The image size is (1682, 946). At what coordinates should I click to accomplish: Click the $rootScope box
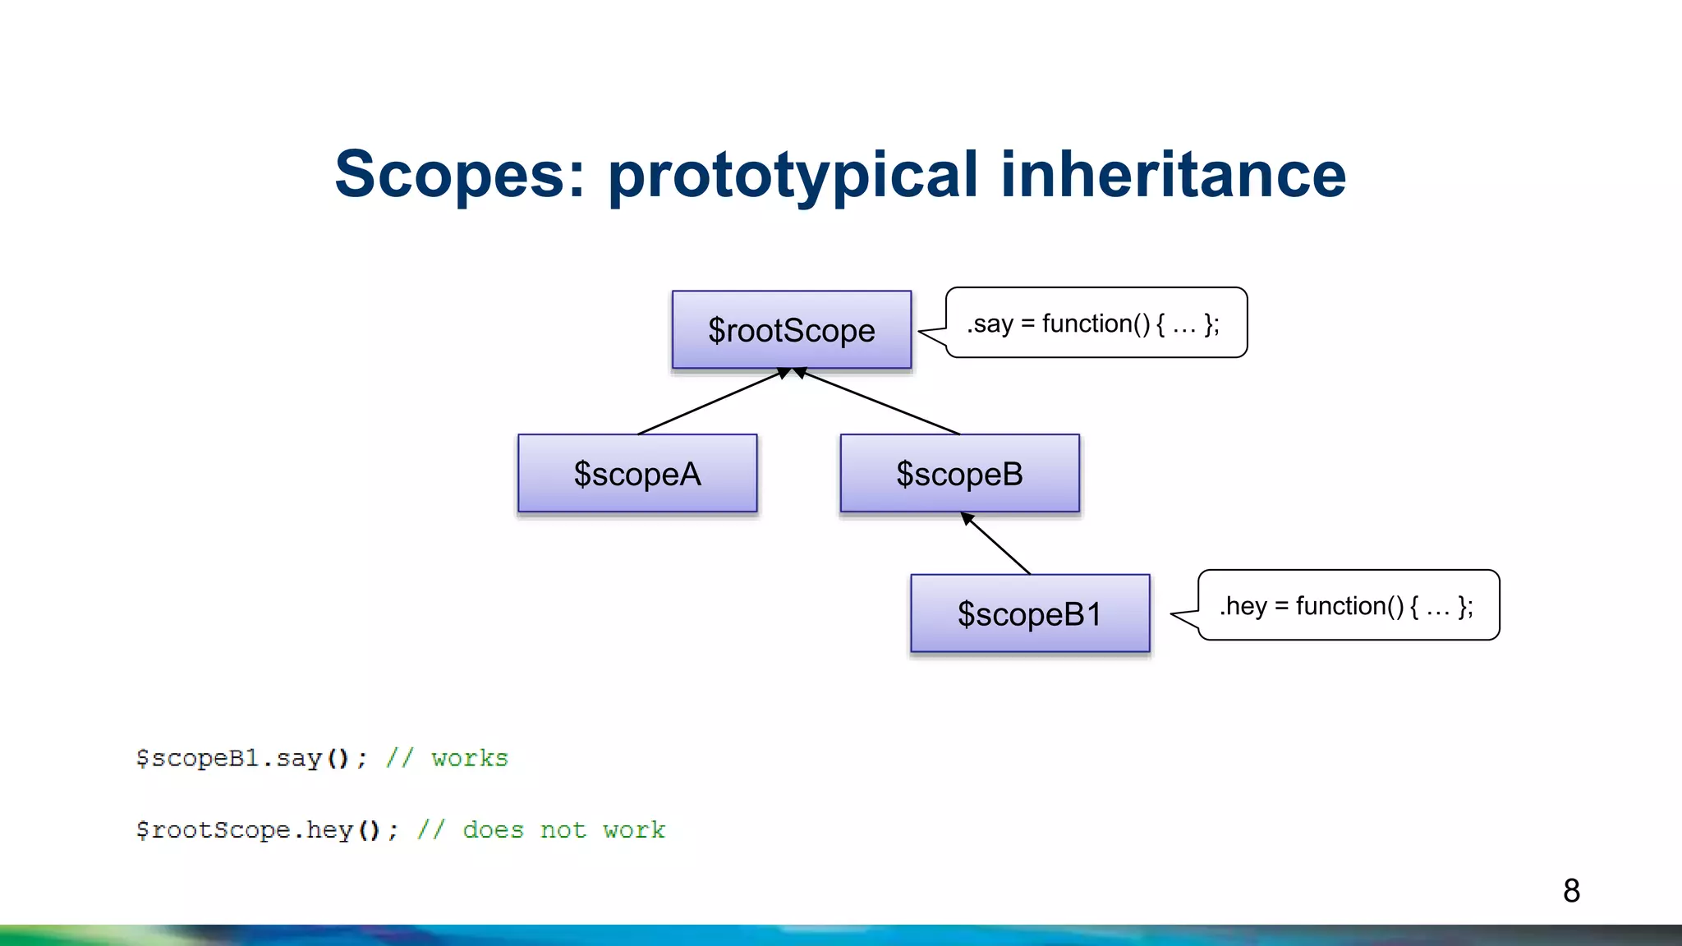click(791, 329)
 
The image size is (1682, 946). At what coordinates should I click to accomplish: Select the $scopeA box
click(637, 473)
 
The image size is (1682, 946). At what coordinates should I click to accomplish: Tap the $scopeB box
click(959, 473)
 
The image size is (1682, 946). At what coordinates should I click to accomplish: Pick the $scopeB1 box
click(1030, 613)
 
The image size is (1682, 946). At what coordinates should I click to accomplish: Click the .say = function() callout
click(1096, 323)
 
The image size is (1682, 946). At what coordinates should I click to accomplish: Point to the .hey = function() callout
click(1349, 605)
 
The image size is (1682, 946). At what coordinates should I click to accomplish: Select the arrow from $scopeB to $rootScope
click(877, 402)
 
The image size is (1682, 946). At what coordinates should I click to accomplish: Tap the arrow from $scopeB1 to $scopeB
click(996, 544)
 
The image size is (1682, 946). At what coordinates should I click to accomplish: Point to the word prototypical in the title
click(793, 176)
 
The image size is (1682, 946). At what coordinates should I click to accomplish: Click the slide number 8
click(1571, 890)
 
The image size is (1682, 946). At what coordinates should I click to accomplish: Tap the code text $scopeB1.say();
click(251, 758)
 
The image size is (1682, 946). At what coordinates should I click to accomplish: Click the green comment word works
click(470, 758)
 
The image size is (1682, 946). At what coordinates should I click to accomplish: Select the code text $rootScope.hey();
click(267, 830)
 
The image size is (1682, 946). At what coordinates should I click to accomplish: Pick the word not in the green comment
click(563, 830)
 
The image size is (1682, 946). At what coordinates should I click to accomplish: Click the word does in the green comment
click(493, 830)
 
